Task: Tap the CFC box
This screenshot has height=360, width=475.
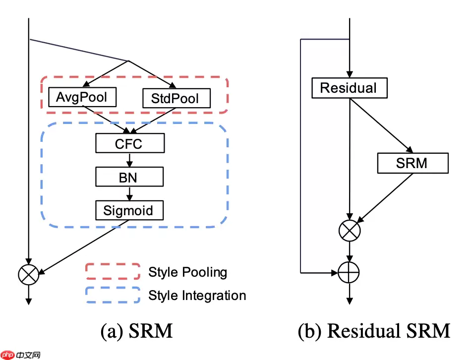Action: click(129, 144)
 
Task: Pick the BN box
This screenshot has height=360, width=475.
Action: click(129, 177)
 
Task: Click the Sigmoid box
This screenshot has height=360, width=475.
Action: click(129, 210)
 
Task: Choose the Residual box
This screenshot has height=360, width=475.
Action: click(349, 88)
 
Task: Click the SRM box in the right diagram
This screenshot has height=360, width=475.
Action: click(413, 163)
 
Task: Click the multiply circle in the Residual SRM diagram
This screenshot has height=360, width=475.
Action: click(350, 230)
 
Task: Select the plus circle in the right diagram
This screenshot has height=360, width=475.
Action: click(350, 272)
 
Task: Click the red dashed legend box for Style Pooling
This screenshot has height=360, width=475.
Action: click(113, 272)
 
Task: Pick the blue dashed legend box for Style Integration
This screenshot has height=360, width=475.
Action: click(113, 296)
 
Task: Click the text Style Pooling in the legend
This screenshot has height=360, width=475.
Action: click(187, 272)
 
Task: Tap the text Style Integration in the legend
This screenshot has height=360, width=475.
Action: click(197, 296)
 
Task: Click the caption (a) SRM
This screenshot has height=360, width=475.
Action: click(137, 331)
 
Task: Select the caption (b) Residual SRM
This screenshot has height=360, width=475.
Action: click(374, 331)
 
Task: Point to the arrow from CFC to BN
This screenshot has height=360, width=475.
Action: click(129, 160)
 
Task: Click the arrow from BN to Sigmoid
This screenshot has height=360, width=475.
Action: click(129, 193)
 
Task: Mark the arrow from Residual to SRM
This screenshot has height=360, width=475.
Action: click(381, 125)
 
